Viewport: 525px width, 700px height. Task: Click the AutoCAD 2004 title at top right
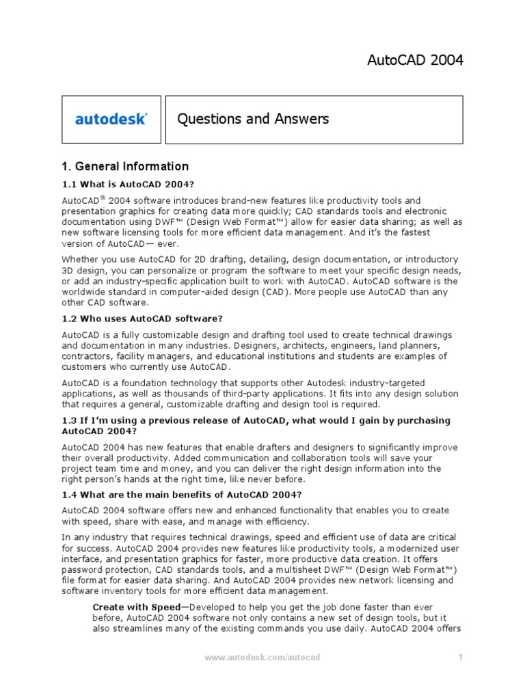pos(415,60)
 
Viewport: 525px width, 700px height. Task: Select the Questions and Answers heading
pos(253,119)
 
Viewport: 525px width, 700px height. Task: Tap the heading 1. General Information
pos(125,166)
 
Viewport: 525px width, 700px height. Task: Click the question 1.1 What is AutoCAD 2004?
pos(129,185)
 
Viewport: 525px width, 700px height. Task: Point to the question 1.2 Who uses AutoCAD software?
pos(142,319)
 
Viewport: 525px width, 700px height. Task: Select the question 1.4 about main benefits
pos(182,495)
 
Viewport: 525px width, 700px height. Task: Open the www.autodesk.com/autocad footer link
pos(262,658)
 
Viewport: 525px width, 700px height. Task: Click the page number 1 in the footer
pos(461,658)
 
